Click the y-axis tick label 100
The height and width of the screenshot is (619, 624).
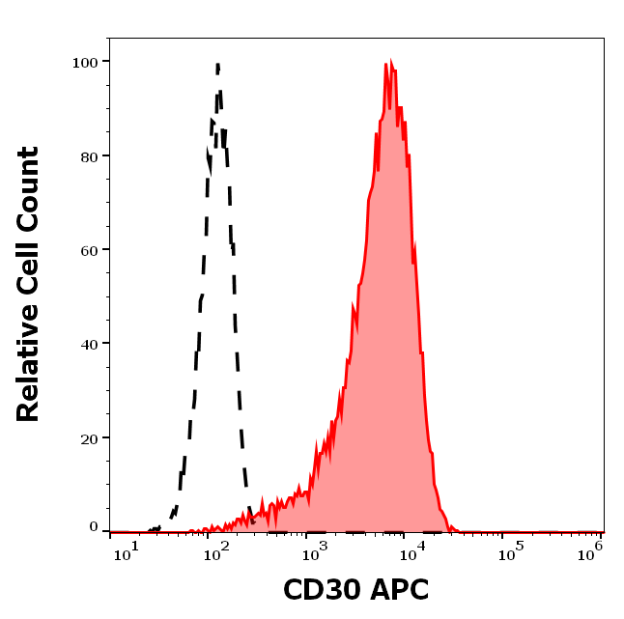[85, 62]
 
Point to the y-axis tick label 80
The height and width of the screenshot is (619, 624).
[89, 155]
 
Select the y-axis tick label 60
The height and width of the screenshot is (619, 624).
[89, 250]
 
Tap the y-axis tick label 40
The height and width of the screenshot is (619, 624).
[89, 344]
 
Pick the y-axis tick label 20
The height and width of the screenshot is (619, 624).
[89, 438]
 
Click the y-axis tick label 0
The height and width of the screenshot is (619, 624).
[94, 527]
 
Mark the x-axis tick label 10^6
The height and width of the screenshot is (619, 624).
[591, 552]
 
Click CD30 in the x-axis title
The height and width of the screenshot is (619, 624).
[320, 590]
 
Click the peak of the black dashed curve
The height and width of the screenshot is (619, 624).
[218, 65]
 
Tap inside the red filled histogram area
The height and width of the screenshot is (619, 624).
[386, 338]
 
